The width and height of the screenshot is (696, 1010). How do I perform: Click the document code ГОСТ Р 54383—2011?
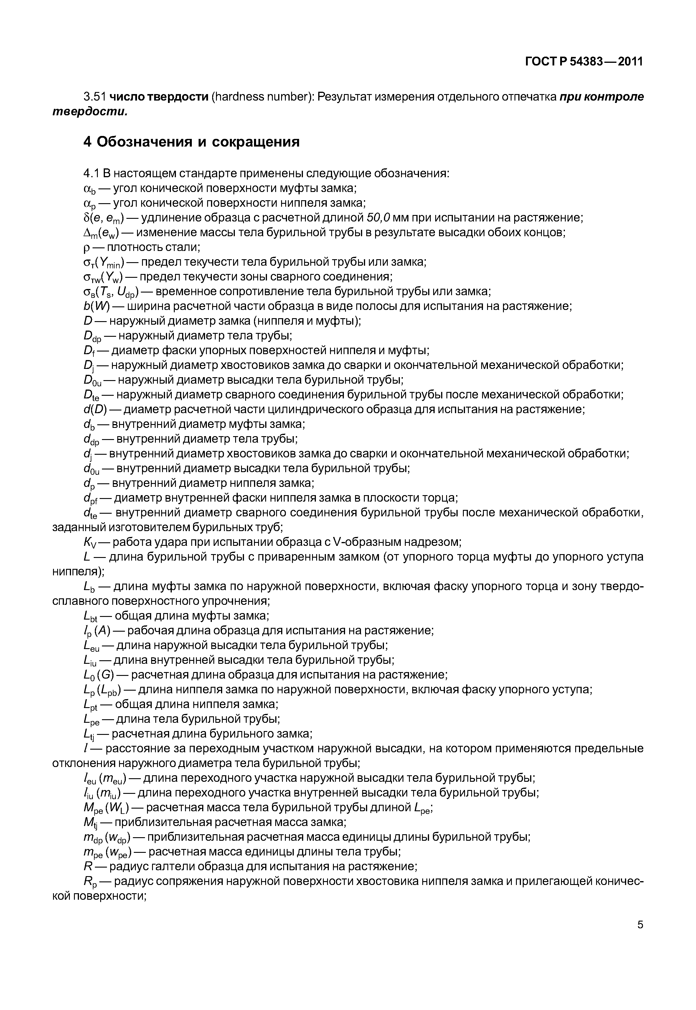(584, 62)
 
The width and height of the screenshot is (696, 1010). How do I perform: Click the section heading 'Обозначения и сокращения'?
(198, 142)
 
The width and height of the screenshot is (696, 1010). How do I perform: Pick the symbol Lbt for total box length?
(91, 616)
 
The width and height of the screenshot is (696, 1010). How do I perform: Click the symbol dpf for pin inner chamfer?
(90, 498)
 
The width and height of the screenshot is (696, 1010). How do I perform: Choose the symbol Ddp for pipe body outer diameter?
(92, 336)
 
